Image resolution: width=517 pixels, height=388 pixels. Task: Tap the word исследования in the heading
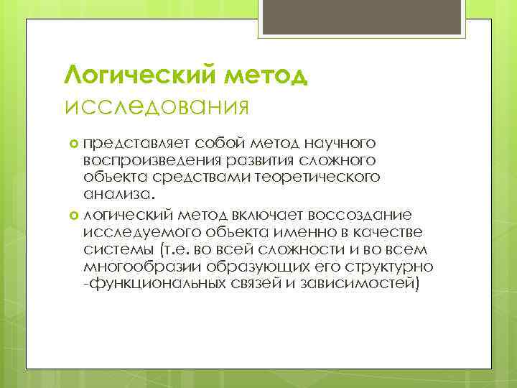point(157,107)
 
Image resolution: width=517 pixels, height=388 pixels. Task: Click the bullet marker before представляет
point(76,144)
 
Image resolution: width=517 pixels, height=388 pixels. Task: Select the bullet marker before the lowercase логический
point(76,213)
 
